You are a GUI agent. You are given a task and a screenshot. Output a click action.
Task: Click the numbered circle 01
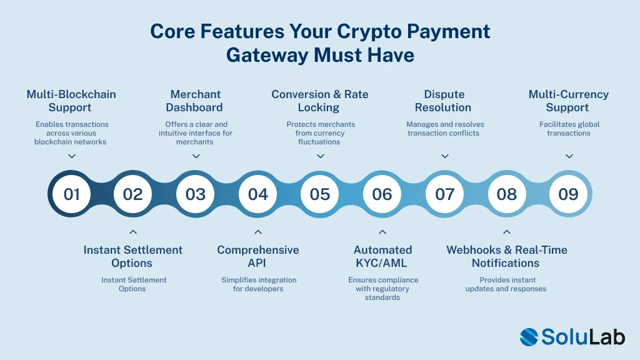tap(72, 194)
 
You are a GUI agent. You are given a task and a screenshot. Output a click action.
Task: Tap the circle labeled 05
tap(319, 194)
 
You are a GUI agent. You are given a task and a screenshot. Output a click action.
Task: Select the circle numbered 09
tap(568, 194)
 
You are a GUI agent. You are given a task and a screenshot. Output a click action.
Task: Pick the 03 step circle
tap(196, 194)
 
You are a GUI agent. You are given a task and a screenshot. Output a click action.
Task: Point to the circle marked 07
tap(444, 194)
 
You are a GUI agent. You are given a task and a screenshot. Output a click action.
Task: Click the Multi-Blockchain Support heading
tap(71, 101)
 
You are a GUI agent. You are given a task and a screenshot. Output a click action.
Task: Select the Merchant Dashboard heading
tap(195, 101)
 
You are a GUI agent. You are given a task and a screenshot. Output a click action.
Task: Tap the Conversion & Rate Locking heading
tap(319, 101)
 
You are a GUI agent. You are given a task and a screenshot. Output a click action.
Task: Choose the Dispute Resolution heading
tap(444, 101)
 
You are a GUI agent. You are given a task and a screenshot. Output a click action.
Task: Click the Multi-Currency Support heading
tap(568, 101)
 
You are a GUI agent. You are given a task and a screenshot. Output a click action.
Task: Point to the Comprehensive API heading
tap(257, 256)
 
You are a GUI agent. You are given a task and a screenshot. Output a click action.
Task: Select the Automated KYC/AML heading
tap(382, 256)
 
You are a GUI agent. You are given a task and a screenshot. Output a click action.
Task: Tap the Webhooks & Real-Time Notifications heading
tap(506, 256)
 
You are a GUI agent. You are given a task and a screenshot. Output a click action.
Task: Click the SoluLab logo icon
tap(529, 337)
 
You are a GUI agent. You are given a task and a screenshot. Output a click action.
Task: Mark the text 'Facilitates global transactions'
tap(569, 129)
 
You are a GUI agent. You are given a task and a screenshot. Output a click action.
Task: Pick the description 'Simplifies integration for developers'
tap(258, 284)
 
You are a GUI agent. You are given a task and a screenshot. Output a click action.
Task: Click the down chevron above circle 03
tap(196, 156)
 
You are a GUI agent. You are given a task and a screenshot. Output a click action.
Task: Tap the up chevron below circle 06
tap(382, 232)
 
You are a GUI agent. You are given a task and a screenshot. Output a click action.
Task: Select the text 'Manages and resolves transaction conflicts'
tap(444, 129)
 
